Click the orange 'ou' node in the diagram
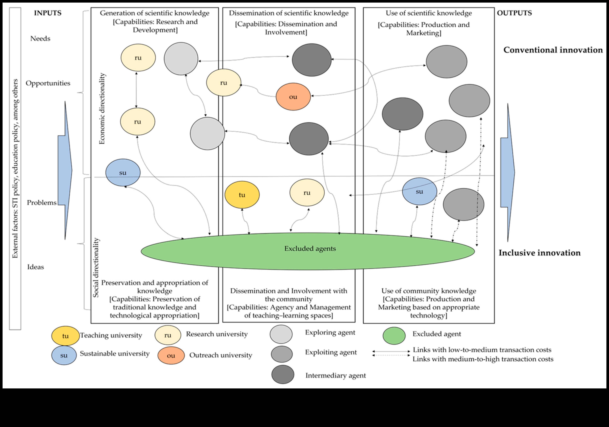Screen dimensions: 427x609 tap(293, 97)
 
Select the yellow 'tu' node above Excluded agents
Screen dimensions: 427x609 tap(242, 195)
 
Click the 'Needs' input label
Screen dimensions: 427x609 tap(40, 38)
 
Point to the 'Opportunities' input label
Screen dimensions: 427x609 tap(48, 83)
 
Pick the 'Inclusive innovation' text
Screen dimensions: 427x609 tap(539, 253)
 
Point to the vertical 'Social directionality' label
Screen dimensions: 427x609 tap(96, 268)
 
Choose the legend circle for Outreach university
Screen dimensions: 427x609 tap(171, 355)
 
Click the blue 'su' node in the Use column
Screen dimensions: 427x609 tap(419, 191)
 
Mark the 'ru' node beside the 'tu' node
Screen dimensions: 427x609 tap(307, 193)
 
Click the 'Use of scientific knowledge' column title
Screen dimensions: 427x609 tap(429, 13)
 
